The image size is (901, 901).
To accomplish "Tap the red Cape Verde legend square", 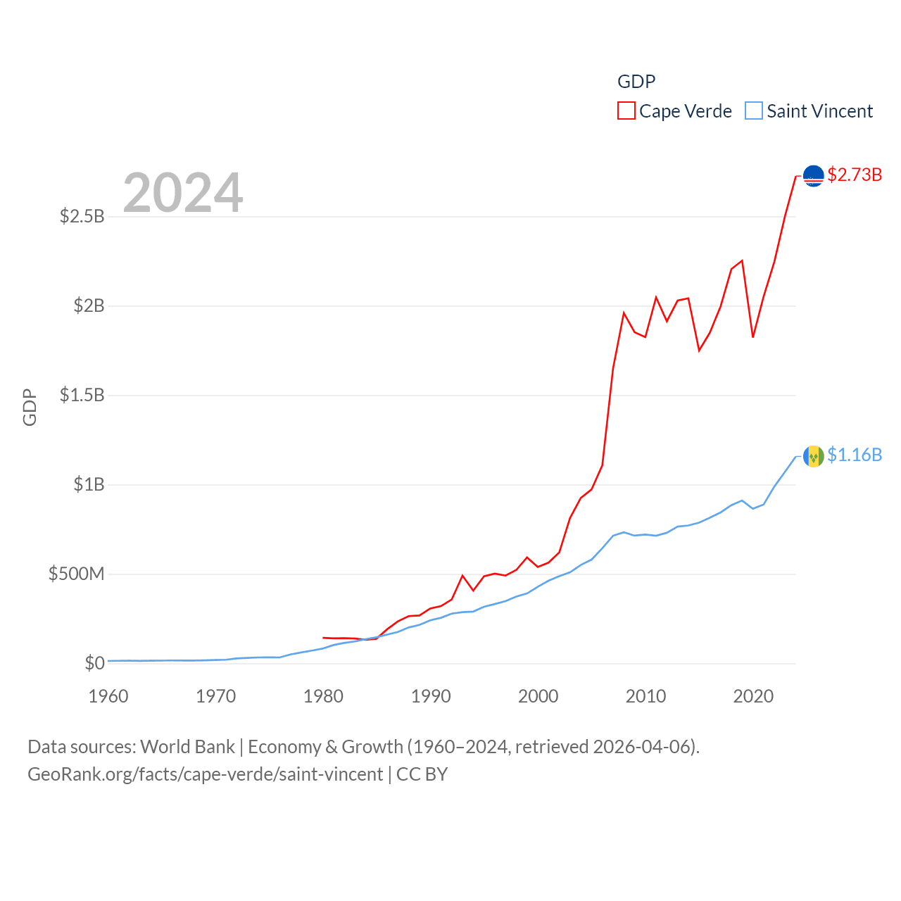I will (x=626, y=111).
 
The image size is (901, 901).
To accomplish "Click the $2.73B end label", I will (x=855, y=175).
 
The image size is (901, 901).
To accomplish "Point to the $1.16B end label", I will (x=855, y=455).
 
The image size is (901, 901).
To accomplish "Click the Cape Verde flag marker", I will (x=814, y=176).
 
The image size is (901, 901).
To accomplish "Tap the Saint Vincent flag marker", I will (x=814, y=457).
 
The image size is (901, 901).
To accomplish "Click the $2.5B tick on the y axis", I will (x=82, y=216).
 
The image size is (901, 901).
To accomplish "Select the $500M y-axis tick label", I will (x=76, y=574).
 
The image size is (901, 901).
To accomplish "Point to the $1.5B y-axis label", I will (x=82, y=395).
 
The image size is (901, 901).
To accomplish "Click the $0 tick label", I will (x=94, y=663).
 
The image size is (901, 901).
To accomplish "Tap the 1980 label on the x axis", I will (x=323, y=696).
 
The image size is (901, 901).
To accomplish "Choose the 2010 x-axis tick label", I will (x=645, y=696).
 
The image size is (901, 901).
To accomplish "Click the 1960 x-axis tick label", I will (x=108, y=696).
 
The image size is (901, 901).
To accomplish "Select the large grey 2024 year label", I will (x=183, y=193).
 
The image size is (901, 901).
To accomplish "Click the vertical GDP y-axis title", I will (x=30, y=407).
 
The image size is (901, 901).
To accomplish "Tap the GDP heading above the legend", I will (x=636, y=82).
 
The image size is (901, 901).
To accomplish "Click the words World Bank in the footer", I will (x=187, y=746).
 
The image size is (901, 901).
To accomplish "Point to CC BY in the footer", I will (x=422, y=774).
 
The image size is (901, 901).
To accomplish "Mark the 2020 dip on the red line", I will (x=753, y=337).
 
